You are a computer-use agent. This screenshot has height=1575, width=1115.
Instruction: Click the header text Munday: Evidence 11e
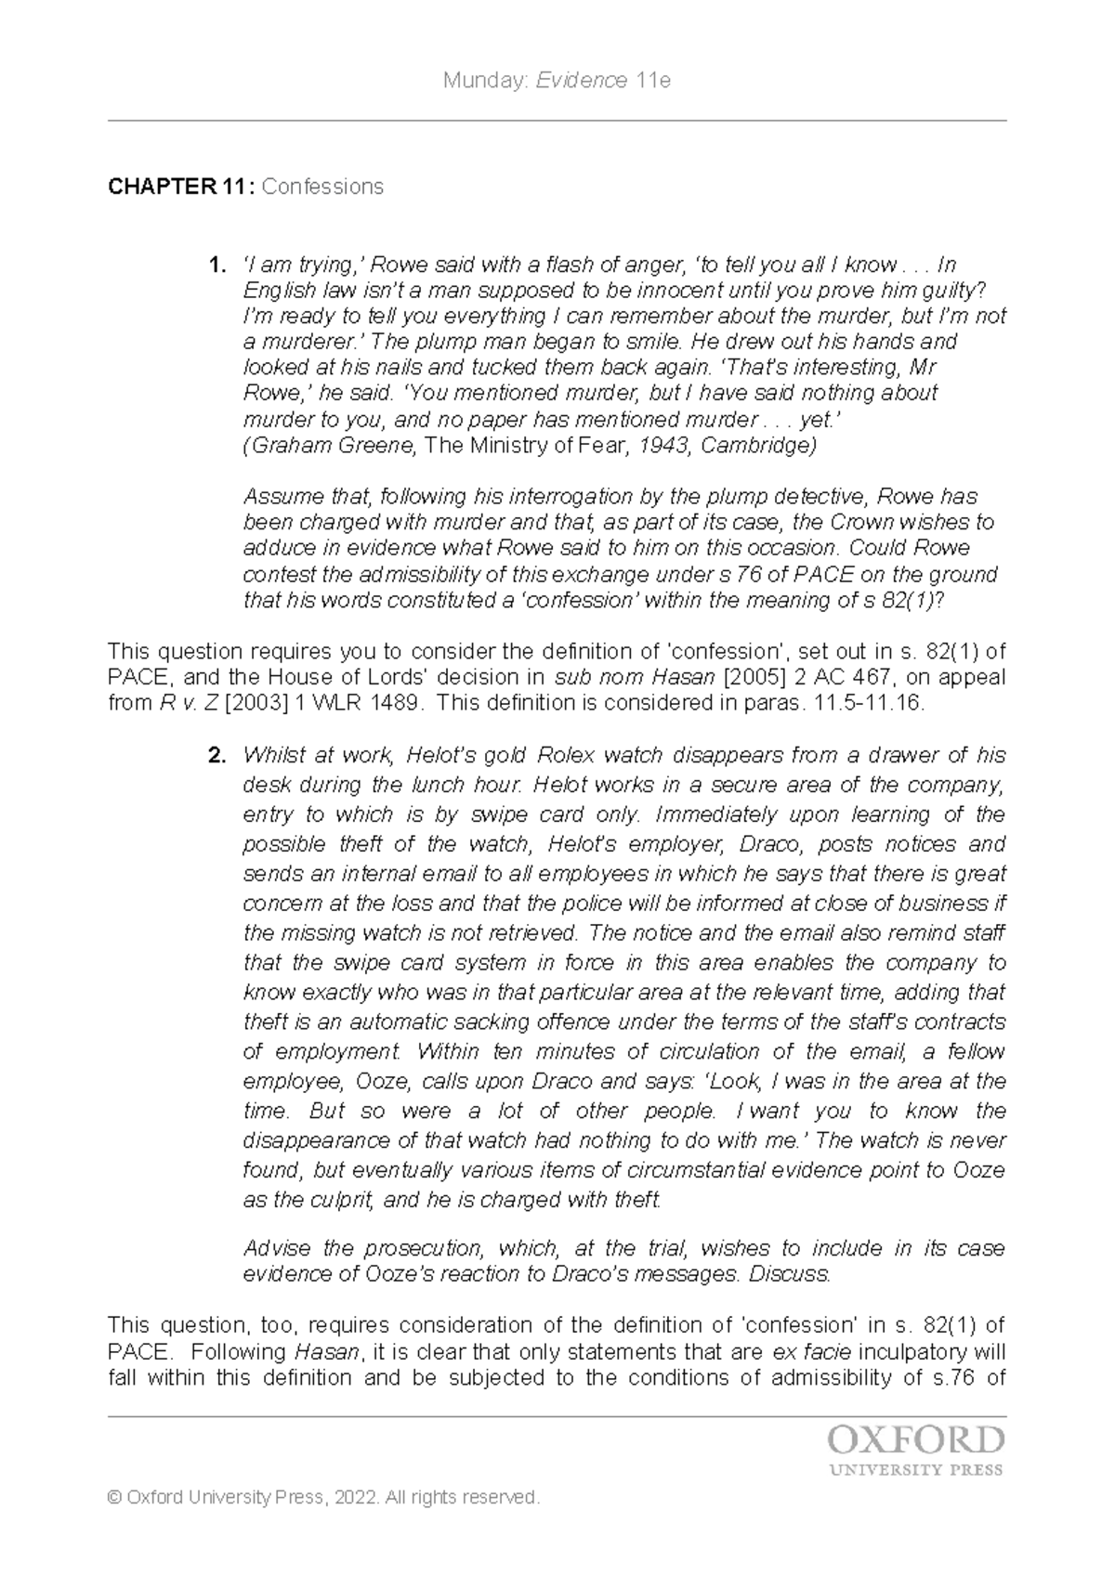(557, 81)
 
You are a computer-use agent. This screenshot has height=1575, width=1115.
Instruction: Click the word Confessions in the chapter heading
(322, 187)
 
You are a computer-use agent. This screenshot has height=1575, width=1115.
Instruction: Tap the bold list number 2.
(216, 755)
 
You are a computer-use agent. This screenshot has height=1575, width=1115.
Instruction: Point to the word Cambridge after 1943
(756, 446)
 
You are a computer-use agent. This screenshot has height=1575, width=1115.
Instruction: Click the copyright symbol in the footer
(115, 1497)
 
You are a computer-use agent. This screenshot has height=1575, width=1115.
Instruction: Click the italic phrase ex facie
(820, 1351)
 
